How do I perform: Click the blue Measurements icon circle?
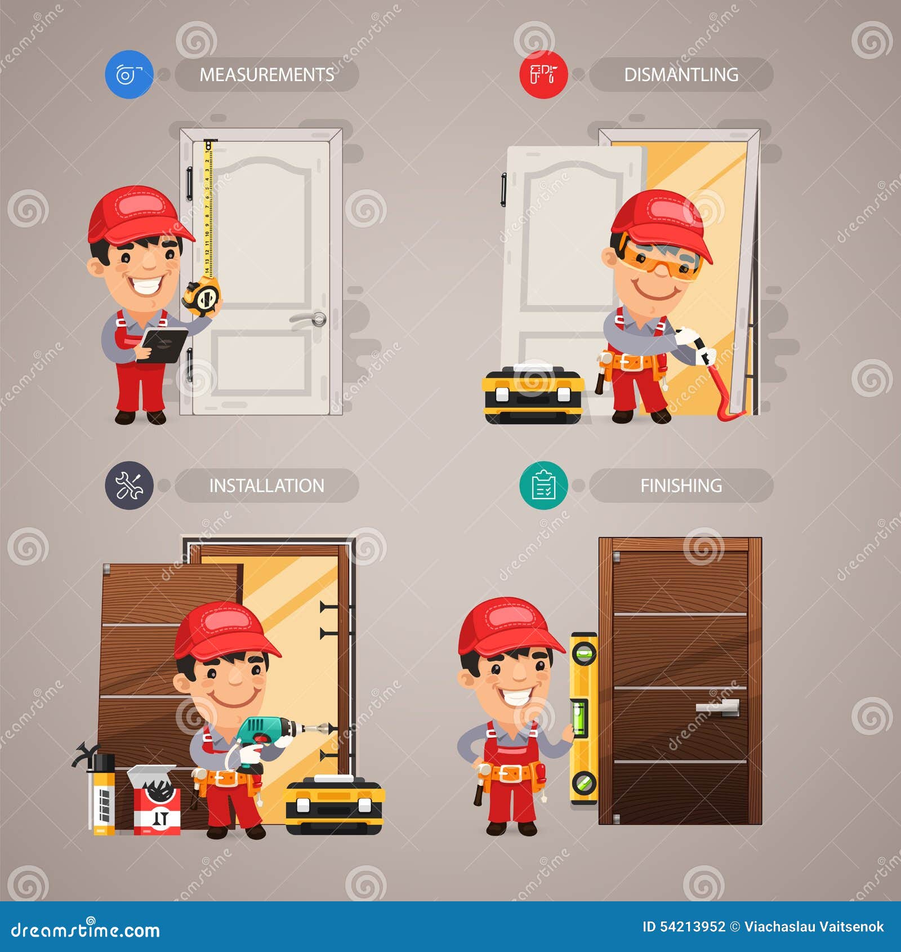tap(129, 74)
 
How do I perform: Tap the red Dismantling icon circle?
tap(543, 74)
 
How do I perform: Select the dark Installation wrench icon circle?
tap(129, 486)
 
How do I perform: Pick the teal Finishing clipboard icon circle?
tap(543, 486)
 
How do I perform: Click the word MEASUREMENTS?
tap(267, 75)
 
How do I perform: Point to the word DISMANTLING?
tap(681, 75)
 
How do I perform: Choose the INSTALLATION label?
tap(267, 486)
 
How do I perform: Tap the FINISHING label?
tap(681, 486)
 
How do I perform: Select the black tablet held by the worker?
tap(164, 344)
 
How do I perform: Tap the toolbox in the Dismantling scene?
tap(533, 394)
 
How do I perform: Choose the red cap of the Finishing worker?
tap(508, 625)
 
